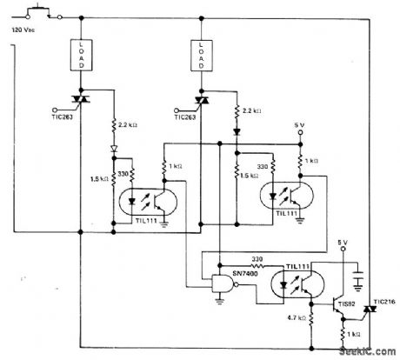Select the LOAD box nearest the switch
(79, 54)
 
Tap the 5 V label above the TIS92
(341, 241)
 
